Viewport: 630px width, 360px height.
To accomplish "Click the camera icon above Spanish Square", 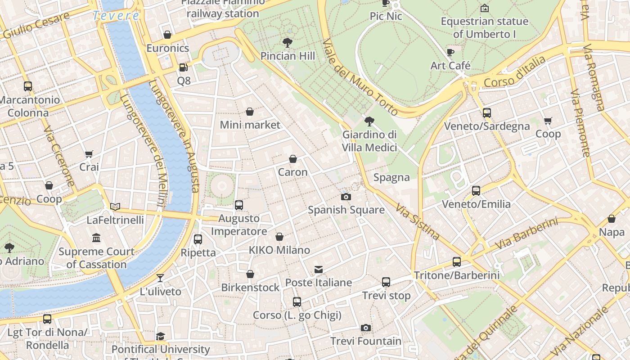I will coord(346,197).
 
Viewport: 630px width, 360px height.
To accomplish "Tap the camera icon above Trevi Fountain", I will coord(366,328).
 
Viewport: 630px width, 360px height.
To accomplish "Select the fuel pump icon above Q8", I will coord(183,67).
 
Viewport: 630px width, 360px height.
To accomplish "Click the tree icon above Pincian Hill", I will coord(288,43).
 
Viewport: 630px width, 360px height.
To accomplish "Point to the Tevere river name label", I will coord(116,16).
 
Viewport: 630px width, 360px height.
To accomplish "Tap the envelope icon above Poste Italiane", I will coord(319,270).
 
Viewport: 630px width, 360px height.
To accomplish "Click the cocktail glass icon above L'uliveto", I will coord(160,278).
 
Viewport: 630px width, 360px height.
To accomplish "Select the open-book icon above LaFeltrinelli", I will coord(115,207).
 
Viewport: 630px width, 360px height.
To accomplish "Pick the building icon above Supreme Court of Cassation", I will coord(96,238).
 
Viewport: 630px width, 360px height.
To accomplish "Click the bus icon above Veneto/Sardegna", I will coord(486,112).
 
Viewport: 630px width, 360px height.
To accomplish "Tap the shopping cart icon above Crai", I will coord(89,154).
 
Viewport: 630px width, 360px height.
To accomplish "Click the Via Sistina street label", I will coord(417,221).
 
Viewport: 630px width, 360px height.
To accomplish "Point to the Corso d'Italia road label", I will coord(515,72).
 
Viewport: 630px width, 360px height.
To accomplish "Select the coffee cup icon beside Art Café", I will coord(450,52).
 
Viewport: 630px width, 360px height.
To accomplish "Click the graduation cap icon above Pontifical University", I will coord(160,336).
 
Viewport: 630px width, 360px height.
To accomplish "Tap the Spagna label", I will coord(391,177).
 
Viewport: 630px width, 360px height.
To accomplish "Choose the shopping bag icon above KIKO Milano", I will coord(279,237).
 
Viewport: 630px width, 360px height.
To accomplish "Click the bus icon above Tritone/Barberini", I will coord(457,261).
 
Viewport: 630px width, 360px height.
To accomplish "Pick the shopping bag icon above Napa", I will coord(612,219).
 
